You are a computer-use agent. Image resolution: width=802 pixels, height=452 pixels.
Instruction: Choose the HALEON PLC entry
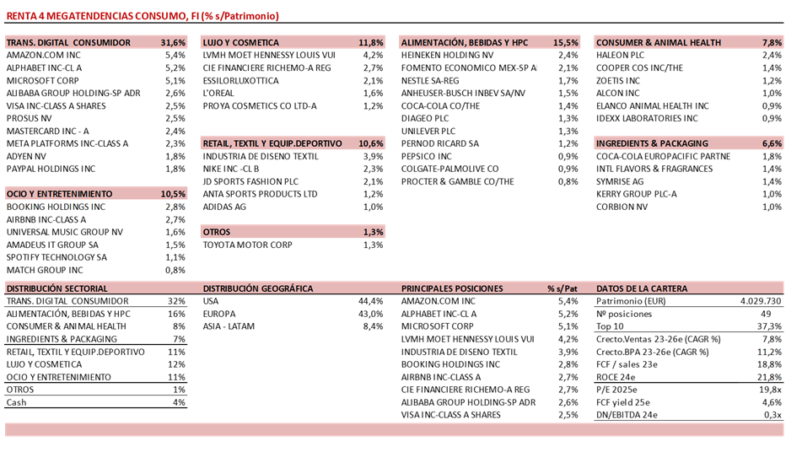(x=620, y=55)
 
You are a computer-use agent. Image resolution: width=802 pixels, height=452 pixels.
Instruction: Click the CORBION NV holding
(x=622, y=207)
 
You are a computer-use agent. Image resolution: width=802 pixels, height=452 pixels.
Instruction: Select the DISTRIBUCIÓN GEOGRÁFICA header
(x=258, y=288)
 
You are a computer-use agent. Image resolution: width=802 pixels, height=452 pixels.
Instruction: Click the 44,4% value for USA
(x=371, y=301)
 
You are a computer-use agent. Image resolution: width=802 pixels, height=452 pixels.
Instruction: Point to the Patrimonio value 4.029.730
(x=761, y=301)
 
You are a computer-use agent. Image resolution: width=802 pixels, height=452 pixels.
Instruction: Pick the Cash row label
(x=17, y=402)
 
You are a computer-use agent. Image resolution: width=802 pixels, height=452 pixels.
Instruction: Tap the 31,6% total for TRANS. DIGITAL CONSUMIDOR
(x=172, y=42)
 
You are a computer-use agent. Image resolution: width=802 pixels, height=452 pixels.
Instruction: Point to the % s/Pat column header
(x=562, y=288)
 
